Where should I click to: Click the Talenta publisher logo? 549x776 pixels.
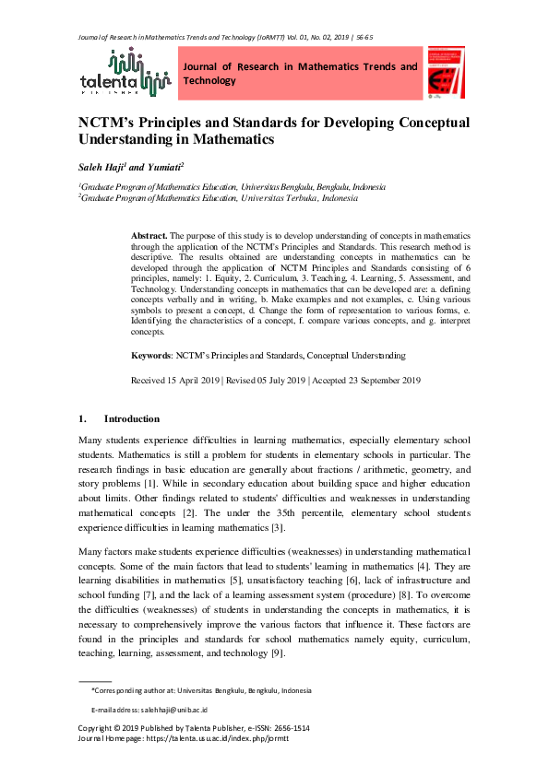coord(126,73)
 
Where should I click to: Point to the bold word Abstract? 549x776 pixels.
coord(150,236)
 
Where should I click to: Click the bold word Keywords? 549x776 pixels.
coord(150,355)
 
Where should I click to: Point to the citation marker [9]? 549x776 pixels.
coord(282,651)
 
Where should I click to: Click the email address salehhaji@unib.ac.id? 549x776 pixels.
coord(174,710)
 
